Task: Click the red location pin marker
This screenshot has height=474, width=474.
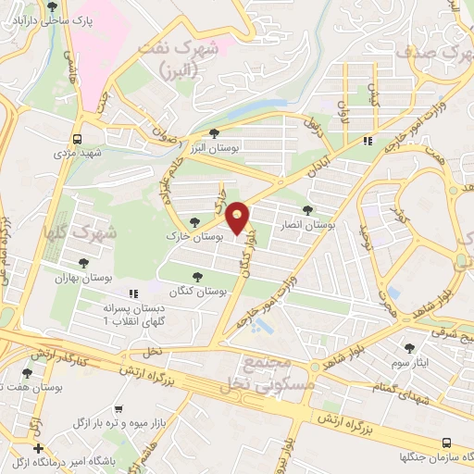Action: pyautogui.click(x=238, y=218)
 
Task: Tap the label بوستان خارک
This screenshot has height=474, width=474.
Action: pyautogui.click(x=195, y=238)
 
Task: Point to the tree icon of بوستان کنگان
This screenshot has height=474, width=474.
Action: pyautogui.click(x=196, y=276)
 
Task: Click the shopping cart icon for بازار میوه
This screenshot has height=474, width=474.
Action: pyautogui.click(x=120, y=408)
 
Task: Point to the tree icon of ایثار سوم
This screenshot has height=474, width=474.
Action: pyautogui.click(x=410, y=348)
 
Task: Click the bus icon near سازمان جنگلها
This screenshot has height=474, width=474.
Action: pyautogui.click(x=446, y=443)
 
